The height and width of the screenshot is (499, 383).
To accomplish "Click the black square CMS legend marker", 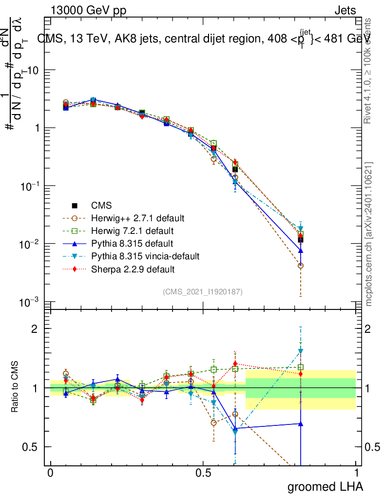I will click(x=75, y=204).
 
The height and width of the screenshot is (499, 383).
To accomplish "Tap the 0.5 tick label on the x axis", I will click(x=203, y=473).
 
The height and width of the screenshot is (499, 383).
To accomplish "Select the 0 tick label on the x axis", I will click(x=50, y=473).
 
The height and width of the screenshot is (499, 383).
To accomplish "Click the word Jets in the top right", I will click(x=345, y=11).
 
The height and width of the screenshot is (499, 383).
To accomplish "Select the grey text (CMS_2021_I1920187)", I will click(x=203, y=291).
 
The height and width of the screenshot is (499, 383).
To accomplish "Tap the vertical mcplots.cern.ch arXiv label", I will click(x=369, y=234).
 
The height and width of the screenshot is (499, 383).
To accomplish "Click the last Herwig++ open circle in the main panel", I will click(x=301, y=266).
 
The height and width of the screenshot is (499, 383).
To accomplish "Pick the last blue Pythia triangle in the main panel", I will click(x=301, y=250).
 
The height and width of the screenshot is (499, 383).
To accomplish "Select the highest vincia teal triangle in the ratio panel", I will click(x=301, y=351).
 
